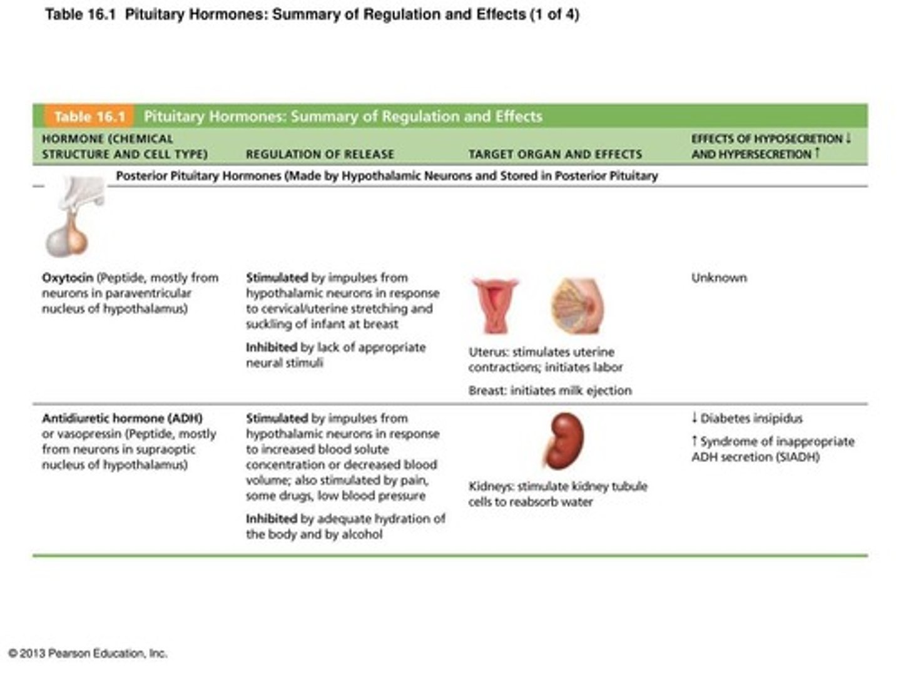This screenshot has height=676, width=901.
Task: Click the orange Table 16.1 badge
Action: click(x=89, y=116)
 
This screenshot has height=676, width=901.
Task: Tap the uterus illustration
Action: click(x=495, y=305)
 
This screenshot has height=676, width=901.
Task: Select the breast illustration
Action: click(x=577, y=306)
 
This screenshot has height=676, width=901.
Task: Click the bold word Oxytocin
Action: click(x=68, y=277)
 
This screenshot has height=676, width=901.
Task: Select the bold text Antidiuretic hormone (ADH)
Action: click(x=122, y=418)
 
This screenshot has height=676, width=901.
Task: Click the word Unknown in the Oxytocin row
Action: click(x=719, y=277)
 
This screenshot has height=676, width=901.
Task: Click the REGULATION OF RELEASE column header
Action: click(x=320, y=154)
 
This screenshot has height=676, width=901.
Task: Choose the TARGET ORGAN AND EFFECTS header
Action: click(x=555, y=154)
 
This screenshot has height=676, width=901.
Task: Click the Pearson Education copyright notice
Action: click(x=88, y=653)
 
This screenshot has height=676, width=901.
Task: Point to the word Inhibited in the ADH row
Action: click(x=271, y=519)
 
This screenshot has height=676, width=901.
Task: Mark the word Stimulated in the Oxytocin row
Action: click(x=277, y=277)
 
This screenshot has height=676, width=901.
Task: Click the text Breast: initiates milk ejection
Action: click(x=550, y=391)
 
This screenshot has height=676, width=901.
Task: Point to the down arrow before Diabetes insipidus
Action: click(x=694, y=418)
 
